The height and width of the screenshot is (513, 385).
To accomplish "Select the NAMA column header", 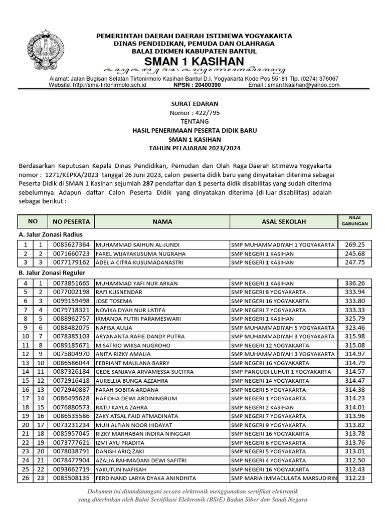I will (162, 221).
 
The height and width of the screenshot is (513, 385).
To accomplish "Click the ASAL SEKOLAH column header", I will (283, 221).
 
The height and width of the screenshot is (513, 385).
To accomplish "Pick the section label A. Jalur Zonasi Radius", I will (51, 234).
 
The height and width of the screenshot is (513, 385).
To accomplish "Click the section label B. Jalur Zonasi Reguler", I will (52, 273).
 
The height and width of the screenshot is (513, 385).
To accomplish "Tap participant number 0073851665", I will (71, 284).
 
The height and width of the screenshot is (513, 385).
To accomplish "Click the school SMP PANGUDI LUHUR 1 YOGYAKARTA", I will (281, 372).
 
